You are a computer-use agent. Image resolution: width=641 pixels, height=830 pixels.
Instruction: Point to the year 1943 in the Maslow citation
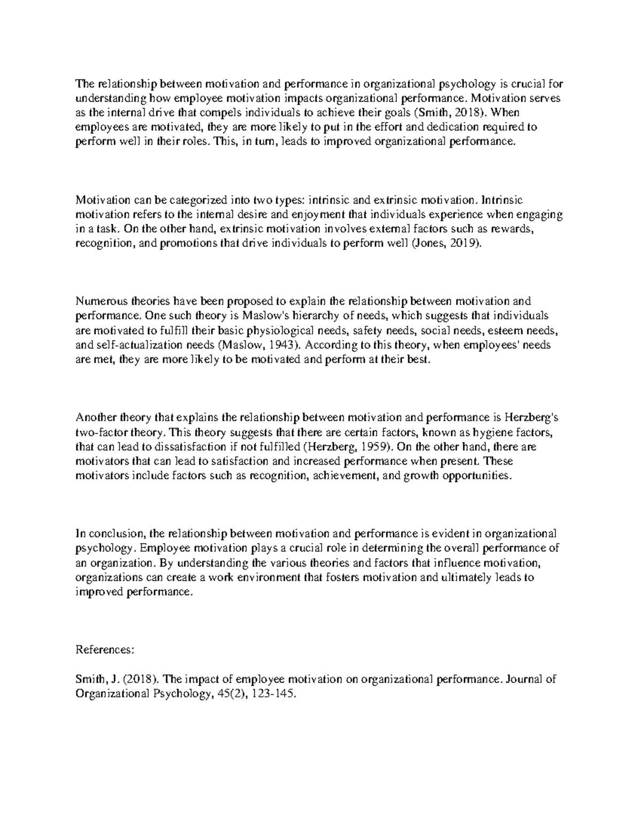coord(283,345)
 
